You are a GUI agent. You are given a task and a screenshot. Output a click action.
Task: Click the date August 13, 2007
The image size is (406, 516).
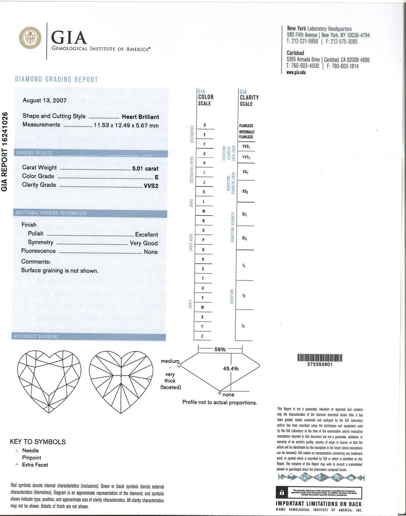pos(45,100)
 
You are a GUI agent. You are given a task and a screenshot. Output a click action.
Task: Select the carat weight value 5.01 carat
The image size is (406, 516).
pos(145,168)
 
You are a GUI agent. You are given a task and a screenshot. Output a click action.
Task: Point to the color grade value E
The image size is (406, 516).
pos(156,177)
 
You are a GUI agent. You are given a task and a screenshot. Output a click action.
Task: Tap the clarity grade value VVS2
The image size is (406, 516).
pos(151,185)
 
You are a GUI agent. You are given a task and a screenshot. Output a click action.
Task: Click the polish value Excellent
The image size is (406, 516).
pos(146,235)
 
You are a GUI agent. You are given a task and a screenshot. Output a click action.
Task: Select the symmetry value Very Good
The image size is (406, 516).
pos(144,243)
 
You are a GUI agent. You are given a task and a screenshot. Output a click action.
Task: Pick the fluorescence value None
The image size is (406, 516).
pos(150,252)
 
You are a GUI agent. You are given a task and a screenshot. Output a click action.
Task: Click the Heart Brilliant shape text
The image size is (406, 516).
pos(140,117)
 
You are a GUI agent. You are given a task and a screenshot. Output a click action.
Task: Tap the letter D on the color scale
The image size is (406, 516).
pos(204,126)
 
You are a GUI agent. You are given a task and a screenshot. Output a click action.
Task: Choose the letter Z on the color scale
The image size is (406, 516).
pos(202,336)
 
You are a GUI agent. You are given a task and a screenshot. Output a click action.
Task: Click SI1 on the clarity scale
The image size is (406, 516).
pos(245,214)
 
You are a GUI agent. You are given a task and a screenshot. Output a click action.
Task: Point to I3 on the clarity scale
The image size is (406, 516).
pos(243,326)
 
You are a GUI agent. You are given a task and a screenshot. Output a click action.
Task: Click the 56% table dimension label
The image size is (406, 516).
pos(220,349)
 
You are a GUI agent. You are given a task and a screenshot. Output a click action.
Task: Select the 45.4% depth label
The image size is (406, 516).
pos(231,369)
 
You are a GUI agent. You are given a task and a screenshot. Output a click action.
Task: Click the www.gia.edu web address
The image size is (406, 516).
pos(296,72)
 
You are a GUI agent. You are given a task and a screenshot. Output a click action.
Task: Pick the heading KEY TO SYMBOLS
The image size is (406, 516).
pos(38,442)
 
